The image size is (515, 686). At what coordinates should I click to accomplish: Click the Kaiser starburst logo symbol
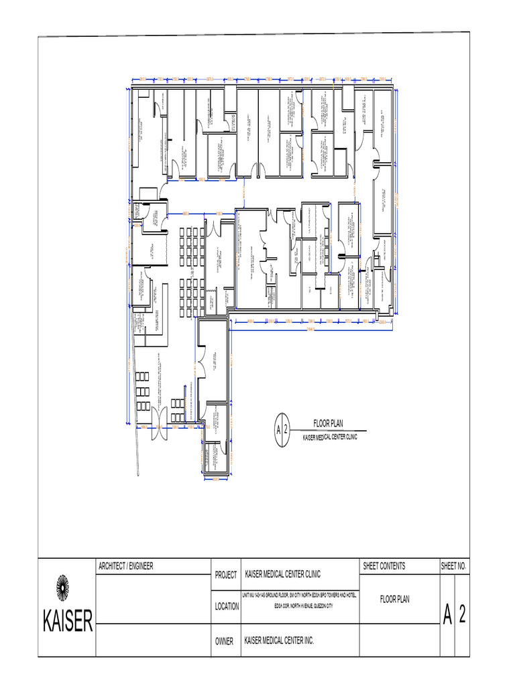click(62, 588)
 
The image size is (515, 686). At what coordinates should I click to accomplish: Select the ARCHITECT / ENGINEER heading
click(125, 566)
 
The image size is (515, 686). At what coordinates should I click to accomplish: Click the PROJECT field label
click(226, 575)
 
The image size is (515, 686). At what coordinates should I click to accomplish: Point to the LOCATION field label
click(227, 606)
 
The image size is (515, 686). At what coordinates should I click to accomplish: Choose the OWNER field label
click(224, 641)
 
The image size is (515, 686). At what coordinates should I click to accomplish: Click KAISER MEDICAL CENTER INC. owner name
click(279, 641)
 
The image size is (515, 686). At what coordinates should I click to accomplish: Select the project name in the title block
click(282, 574)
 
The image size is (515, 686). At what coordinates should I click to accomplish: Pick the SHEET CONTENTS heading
click(384, 566)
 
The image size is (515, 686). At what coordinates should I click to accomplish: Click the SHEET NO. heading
click(454, 566)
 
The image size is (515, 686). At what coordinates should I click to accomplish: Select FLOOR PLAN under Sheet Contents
click(394, 600)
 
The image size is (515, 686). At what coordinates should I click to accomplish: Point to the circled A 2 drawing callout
click(282, 429)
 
